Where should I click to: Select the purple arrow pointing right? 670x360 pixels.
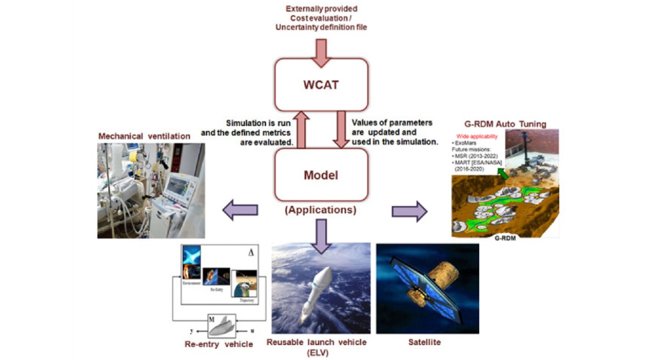408,212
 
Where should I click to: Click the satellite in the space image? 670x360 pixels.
432,288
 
